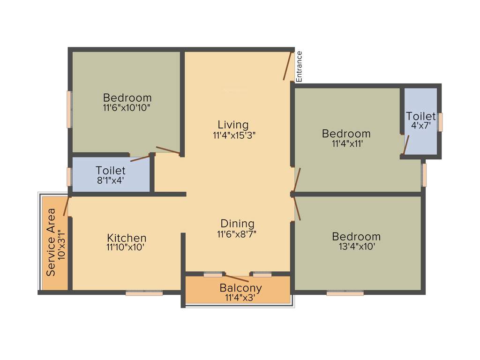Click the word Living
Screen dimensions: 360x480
[233, 125]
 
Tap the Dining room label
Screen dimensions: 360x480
[237, 224]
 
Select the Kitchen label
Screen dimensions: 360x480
[127, 238]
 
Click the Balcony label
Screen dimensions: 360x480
[240, 288]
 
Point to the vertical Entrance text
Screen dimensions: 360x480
[299, 66]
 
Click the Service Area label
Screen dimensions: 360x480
[51, 242]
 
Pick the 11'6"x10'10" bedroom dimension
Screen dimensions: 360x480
[127, 107]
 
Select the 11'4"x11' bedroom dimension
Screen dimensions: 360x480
[346, 143]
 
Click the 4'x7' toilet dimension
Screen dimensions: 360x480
[421, 126]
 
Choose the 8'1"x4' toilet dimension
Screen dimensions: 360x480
[110, 179]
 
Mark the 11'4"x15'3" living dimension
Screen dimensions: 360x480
[233, 135]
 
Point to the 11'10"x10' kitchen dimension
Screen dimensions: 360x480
[127, 247]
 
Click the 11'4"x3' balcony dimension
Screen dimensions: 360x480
[240, 297]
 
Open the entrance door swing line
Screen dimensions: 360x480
[287, 66]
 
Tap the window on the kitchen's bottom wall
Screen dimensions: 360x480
[144, 293]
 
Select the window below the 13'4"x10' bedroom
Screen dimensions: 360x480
[345, 293]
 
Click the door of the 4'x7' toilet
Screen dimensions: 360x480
[406, 144]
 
